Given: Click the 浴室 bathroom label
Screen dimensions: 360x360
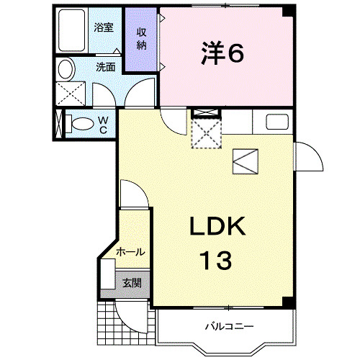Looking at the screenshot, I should point(104,28).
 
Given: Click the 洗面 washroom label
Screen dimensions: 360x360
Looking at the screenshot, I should point(106,67).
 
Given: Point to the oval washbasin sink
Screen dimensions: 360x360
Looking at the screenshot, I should point(65,71).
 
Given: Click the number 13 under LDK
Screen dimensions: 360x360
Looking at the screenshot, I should point(215,259).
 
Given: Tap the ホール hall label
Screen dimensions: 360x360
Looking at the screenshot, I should point(130,252).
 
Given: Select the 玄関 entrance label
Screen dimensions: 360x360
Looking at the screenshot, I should point(131,282).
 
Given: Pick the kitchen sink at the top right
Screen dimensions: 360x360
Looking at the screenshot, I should point(277,122).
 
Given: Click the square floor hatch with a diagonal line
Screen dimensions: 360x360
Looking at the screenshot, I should point(245,161).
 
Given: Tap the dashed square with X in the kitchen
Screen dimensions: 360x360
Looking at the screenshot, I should point(207,132).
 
